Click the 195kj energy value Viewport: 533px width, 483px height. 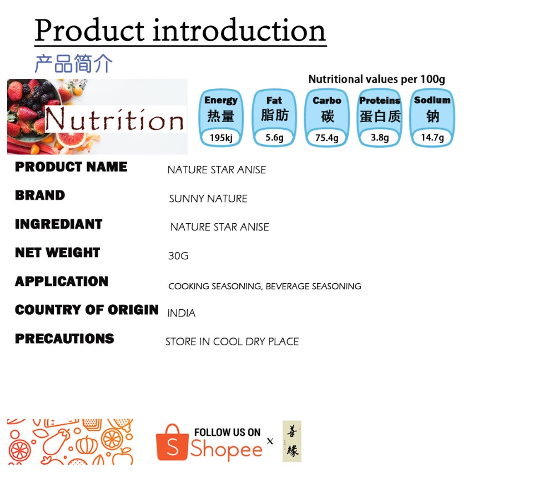pos(221,138)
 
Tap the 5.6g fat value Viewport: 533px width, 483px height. pos(274,138)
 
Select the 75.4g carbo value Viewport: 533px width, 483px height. pos(326,138)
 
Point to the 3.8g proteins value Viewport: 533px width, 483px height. pos(380,138)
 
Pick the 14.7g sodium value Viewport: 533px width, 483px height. pos(433,138)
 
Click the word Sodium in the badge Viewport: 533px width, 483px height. pos(432,100)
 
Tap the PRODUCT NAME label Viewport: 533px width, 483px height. pos(71,167)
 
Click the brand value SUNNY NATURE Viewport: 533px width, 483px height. pos(208,199)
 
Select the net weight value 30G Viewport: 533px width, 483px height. pos(178,255)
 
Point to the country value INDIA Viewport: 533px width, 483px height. pos(181,313)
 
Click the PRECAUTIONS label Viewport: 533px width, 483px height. pos(64,339)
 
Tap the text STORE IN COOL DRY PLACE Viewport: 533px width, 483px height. pos(232,341)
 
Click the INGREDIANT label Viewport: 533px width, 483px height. pos(58,224)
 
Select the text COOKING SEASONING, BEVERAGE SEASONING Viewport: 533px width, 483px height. pos(264,286)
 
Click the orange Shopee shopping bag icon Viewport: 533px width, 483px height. pos(172,442)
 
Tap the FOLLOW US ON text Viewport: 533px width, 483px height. pos(228,432)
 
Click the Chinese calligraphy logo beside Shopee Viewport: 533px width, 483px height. pos(291,441)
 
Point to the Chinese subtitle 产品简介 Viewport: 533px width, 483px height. pos(73,63)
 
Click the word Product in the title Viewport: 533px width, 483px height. pos(90,31)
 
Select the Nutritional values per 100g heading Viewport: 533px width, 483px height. pos(376,79)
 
